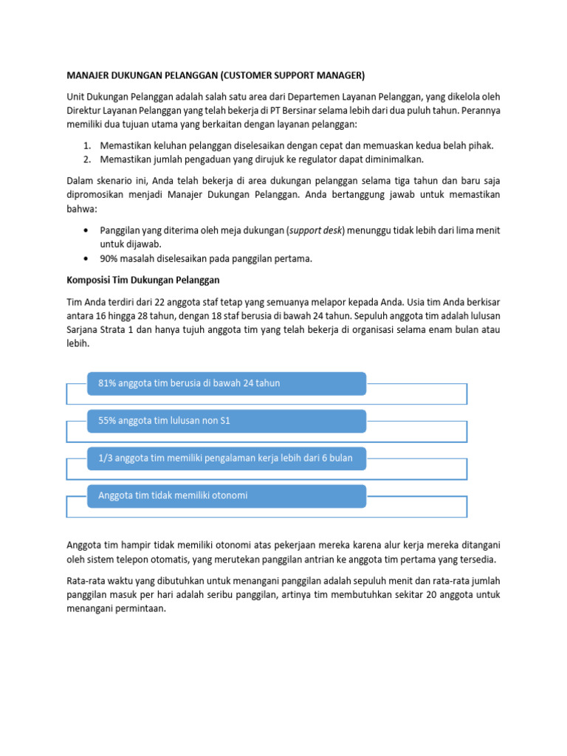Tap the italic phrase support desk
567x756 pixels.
[x=316, y=230]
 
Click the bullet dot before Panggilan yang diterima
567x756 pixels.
[x=89, y=230]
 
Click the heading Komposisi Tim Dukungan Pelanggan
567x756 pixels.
[x=143, y=281]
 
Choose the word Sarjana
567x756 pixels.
[x=84, y=330]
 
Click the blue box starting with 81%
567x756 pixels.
[x=227, y=383]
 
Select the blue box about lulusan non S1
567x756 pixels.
[x=227, y=421]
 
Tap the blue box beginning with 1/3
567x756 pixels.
[x=227, y=458]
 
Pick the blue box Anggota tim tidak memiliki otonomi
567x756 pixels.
[x=227, y=496]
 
